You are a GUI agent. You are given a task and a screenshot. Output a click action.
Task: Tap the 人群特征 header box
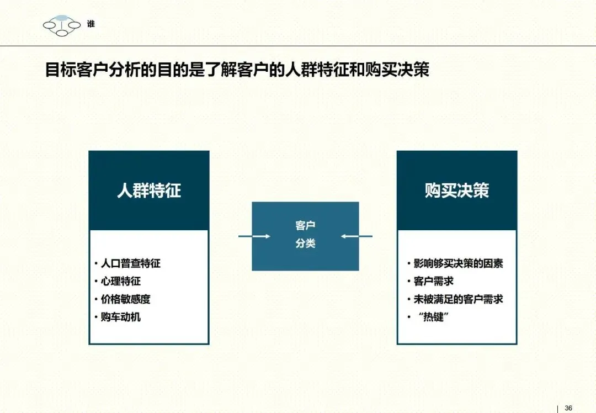pos(149,190)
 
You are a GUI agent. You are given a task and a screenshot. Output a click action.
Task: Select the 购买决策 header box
pos(457,190)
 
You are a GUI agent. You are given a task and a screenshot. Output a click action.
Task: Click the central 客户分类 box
pos(305,236)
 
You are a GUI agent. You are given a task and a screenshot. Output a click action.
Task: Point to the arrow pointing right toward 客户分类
pos(254,236)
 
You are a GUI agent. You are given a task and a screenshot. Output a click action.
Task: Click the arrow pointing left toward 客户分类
pos(356,236)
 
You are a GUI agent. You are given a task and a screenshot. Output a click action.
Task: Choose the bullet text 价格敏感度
pos(125,299)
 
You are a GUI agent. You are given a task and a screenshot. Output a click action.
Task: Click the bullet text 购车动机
pos(120,317)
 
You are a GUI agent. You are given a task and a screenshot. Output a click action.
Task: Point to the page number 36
pos(569,408)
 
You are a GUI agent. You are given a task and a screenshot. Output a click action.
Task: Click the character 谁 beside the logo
pos(91,24)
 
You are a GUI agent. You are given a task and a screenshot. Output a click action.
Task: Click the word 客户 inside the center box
pos(305,225)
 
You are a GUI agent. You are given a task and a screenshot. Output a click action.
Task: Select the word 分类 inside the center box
pos(305,243)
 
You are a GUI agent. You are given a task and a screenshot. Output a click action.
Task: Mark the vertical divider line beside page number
pos(558,408)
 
